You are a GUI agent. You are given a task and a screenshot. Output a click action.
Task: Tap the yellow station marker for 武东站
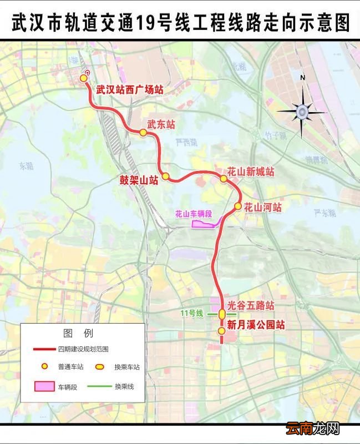point(143,133)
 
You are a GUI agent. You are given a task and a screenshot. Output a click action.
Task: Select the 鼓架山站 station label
point(139,179)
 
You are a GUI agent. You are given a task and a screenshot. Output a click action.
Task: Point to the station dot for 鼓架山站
point(165,176)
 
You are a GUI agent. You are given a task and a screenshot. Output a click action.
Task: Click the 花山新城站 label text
point(251,172)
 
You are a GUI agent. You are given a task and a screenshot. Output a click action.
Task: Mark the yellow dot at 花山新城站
point(224,179)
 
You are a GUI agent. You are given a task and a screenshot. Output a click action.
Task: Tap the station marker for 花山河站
point(237,206)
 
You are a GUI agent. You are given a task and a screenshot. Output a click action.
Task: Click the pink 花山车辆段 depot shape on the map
point(203,224)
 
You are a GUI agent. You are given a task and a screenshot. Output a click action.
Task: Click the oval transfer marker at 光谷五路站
point(222,314)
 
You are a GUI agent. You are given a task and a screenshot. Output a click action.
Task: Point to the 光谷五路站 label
point(251,306)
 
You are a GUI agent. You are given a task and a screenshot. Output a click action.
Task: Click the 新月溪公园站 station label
point(256,325)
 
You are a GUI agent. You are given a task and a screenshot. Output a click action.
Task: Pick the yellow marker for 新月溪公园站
point(221,331)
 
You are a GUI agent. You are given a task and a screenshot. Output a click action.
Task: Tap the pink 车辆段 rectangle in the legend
point(45,386)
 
